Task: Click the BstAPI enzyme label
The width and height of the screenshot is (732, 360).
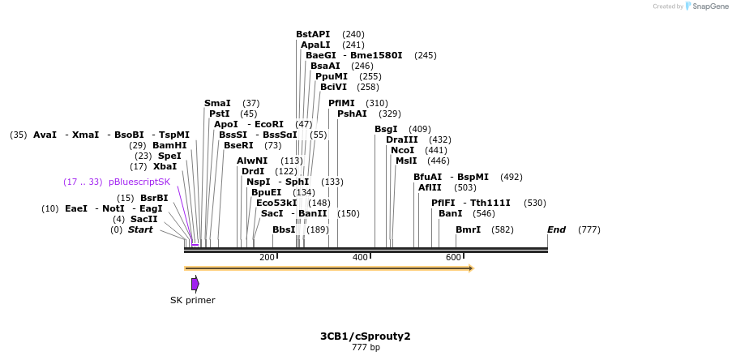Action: tap(313, 34)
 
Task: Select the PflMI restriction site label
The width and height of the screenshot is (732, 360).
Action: tap(341, 103)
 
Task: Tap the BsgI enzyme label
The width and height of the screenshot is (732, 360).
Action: tap(386, 129)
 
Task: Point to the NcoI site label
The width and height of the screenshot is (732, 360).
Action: tap(402, 150)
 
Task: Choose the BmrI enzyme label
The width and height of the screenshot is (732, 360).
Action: tap(468, 229)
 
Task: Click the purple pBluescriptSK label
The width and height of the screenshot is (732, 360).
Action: tap(139, 182)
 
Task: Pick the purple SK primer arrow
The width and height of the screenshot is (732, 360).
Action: tap(195, 284)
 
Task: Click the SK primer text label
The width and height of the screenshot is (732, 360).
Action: tap(193, 300)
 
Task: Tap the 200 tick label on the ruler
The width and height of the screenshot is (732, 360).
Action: tap(267, 257)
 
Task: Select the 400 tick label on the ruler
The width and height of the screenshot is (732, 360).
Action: tap(360, 257)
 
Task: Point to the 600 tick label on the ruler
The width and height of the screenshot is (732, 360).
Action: tap(453, 257)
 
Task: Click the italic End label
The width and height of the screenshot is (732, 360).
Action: tap(556, 229)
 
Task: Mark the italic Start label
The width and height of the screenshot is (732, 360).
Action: tap(140, 229)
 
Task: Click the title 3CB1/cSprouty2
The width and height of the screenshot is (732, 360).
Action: tap(365, 336)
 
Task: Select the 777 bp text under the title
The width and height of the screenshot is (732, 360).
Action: tap(366, 348)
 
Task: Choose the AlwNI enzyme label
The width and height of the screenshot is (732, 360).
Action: tap(252, 161)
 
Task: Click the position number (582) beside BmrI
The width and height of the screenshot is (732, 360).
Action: tap(502, 229)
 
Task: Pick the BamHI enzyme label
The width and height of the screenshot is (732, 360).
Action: tap(169, 145)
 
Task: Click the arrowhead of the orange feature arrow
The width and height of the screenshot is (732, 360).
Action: tap(470, 268)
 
